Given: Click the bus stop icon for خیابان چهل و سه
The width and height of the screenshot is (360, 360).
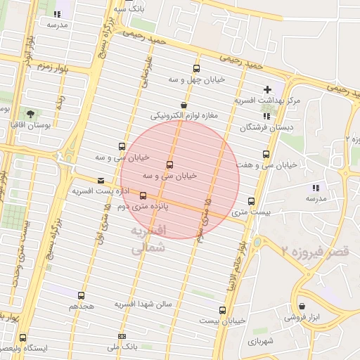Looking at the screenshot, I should [196, 69].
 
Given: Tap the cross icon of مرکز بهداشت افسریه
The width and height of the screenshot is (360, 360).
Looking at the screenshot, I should [266, 90].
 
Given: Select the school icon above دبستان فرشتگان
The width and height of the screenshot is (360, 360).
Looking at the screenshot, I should [266, 116].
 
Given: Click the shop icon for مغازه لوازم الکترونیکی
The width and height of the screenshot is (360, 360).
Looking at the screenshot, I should [184, 104].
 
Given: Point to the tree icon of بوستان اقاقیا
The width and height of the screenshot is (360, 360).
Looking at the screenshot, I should [30, 113].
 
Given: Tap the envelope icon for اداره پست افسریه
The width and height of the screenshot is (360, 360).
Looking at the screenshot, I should [101, 181].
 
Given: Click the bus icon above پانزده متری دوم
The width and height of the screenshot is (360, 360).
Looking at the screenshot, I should [143, 195].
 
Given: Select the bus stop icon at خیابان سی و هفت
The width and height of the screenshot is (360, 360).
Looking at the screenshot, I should [266, 154].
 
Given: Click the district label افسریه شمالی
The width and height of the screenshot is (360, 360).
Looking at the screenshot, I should [148, 239].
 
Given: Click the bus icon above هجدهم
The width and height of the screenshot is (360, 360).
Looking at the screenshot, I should [82, 295].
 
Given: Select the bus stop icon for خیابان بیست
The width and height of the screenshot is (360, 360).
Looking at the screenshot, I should [223, 310].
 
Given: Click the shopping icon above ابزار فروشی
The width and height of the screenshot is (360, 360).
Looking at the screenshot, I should [302, 306].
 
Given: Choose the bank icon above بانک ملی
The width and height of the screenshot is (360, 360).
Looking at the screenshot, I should [122, 336].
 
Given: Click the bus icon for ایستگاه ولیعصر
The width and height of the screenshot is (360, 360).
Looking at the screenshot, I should [23, 338].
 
